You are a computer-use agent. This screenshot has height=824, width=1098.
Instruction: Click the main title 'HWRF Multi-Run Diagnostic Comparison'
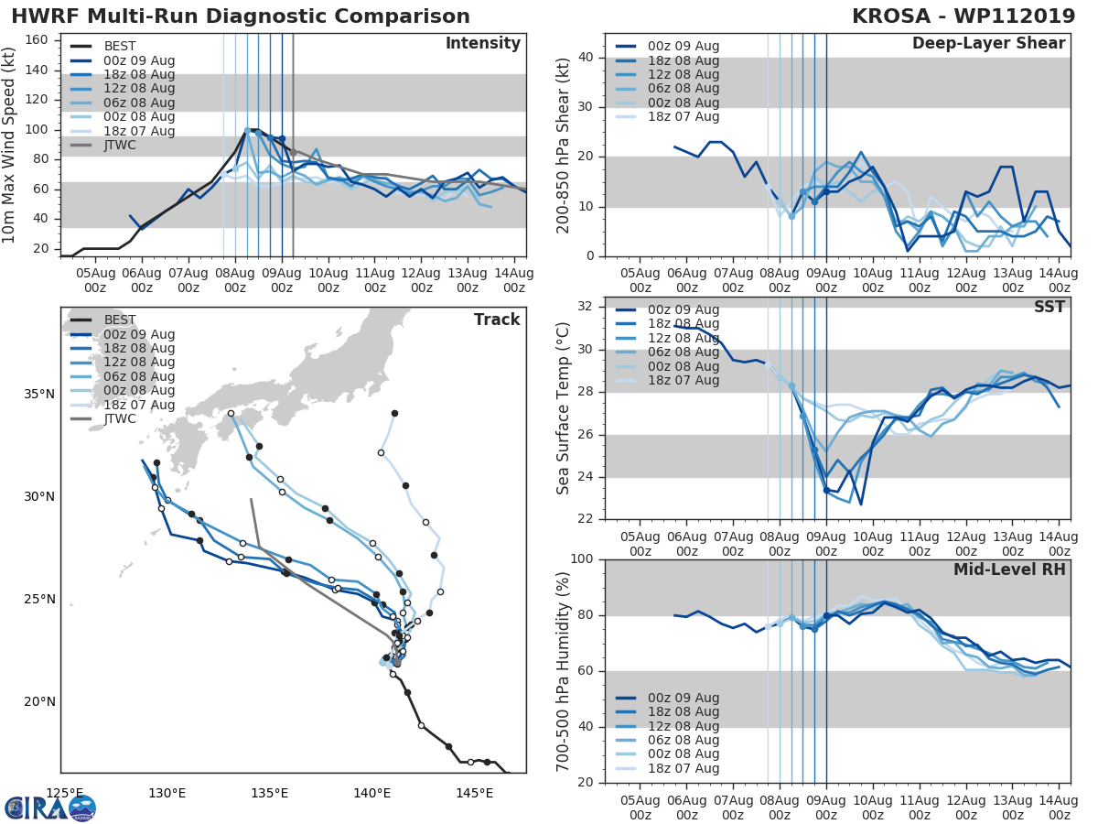[x=241, y=16]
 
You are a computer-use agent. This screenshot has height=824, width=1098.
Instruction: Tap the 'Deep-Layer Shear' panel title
[x=988, y=44]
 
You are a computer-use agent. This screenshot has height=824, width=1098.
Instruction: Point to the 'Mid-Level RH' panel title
[x=1009, y=569]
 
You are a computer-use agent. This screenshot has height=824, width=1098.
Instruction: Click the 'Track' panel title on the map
[x=497, y=320]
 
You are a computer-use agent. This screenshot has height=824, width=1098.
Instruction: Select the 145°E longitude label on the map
[x=474, y=792]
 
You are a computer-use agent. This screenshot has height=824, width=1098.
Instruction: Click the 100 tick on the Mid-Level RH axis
[x=582, y=559]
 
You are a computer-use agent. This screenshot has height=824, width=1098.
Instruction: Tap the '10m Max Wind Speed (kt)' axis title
[x=10, y=145]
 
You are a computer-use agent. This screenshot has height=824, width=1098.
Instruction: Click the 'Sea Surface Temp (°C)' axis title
[x=564, y=407]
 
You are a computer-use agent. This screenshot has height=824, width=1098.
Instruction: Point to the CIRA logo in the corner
[x=50, y=808]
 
